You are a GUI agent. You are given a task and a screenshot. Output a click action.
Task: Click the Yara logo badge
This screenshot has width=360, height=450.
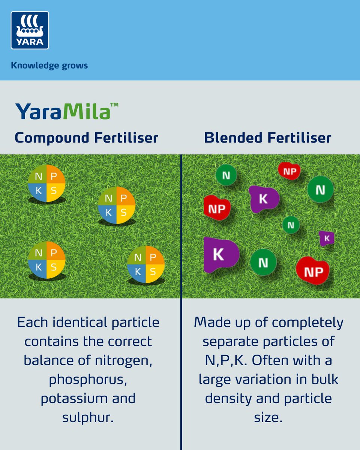point(30,30)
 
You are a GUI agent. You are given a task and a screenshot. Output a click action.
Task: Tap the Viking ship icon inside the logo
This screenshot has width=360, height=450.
point(30,25)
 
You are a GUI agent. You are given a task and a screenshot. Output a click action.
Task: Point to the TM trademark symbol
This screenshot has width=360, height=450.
point(114,106)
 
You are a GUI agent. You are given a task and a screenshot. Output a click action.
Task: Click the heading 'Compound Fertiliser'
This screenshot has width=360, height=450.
point(86,138)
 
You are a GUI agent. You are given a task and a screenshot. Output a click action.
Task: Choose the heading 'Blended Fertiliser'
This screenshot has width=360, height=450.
point(268,138)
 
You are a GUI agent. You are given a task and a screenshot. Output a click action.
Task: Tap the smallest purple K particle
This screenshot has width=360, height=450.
point(327,238)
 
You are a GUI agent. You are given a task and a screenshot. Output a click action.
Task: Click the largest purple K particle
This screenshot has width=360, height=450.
point(220,255)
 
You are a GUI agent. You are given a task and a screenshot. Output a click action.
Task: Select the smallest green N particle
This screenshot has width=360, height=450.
point(291,225)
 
